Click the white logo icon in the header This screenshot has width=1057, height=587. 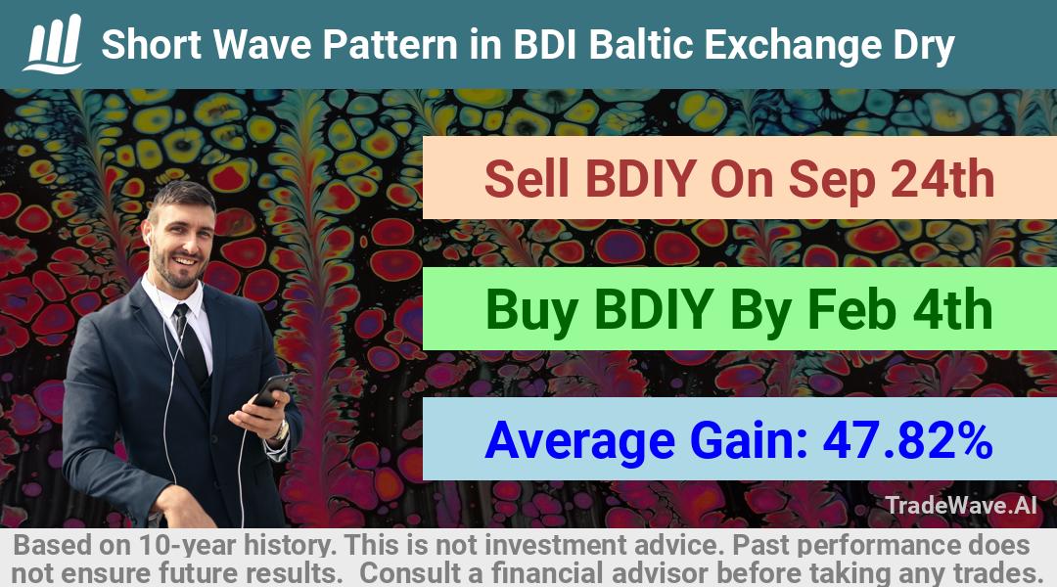pos(53,43)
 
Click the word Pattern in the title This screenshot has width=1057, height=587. pos(410,44)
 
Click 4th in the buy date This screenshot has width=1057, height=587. pos(952,309)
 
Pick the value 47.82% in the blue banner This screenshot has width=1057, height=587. pos(907,440)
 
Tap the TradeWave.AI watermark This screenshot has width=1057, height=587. pos(961,505)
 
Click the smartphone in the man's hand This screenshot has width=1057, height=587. pos(272,390)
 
